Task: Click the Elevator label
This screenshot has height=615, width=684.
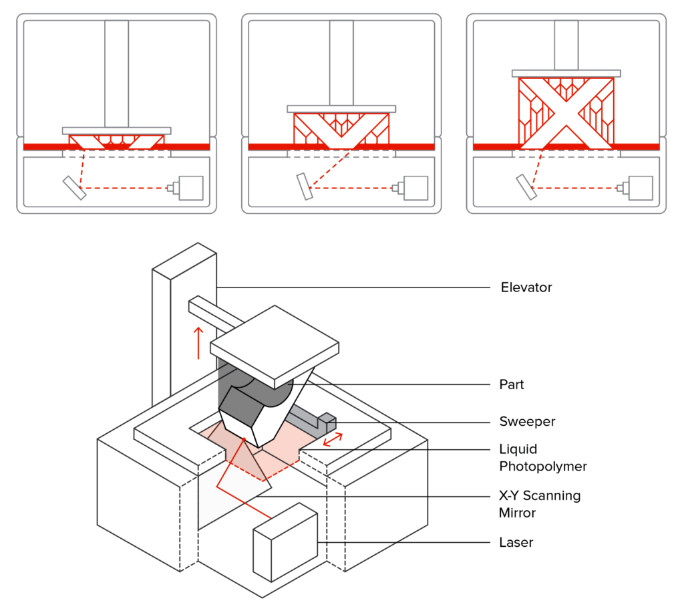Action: point(526,287)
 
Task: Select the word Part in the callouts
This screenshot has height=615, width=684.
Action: point(512,384)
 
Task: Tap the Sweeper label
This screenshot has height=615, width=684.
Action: point(527,421)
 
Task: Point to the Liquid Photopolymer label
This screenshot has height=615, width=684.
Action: point(542,457)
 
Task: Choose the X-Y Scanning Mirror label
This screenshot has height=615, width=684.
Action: point(540,505)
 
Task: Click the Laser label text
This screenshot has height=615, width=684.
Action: point(516,542)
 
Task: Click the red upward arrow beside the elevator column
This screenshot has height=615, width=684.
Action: point(198,342)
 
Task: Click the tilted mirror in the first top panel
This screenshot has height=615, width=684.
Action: point(73,188)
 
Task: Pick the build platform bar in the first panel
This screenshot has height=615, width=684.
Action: point(117,131)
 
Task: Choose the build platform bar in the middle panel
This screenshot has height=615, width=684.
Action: point(342,108)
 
